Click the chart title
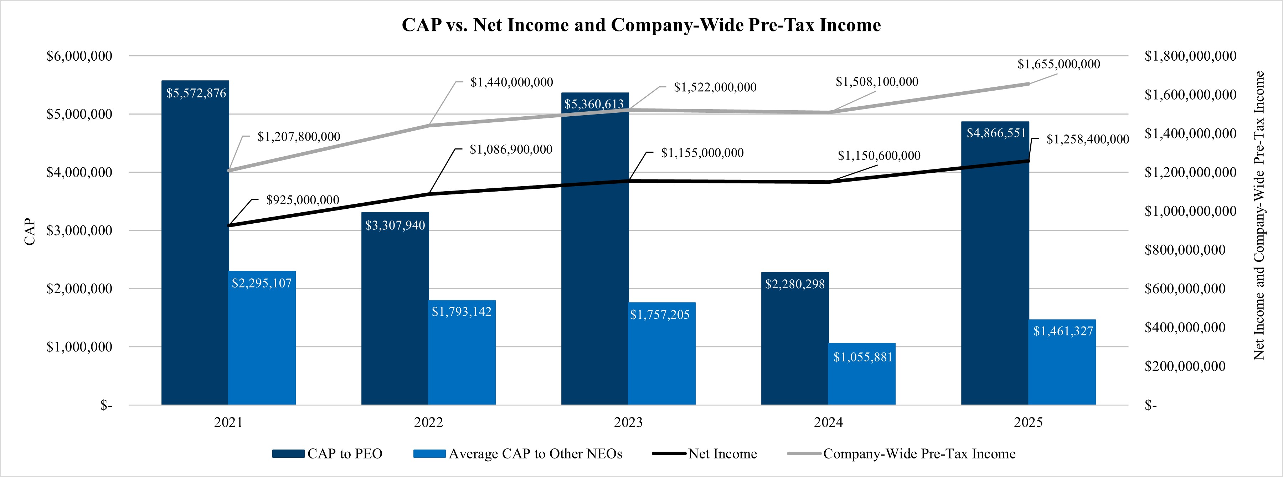click(641, 25)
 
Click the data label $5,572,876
click(196, 93)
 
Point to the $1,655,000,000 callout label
click(1058, 64)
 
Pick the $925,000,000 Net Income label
click(302, 200)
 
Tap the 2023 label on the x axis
click(628, 423)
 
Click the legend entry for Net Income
click(722, 453)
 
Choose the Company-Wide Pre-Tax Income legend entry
click(919, 453)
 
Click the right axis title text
click(1259, 215)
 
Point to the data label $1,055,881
click(862, 357)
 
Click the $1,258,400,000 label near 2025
click(1087, 139)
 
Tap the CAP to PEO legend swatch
click(288, 453)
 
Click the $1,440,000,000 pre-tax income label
click(511, 82)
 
